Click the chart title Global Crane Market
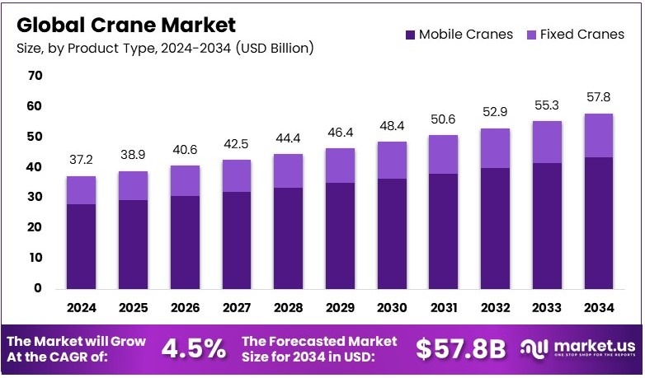pyautogui.click(x=125, y=25)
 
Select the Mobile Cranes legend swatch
pyautogui.click(x=409, y=35)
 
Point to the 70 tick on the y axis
pyautogui.click(x=34, y=76)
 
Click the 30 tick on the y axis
pyautogui.click(x=34, y=198)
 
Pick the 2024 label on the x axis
pyautogui.click(x=82, y=307)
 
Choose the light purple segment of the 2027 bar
pyautogui.click(x=236, y=175)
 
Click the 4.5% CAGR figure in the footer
pyautogui.click(x=193, y=348)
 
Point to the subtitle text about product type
pyautogui.click(x=164, y=49)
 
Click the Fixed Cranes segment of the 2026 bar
pyautogui.click(x=185, y=180)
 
